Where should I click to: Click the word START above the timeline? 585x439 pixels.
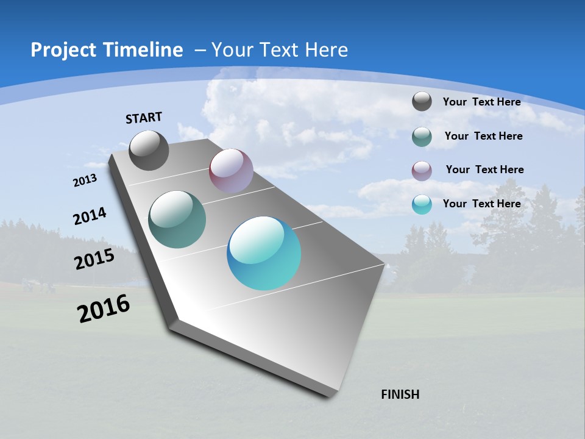coord(144,118)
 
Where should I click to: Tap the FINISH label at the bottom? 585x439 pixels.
coord(400,394)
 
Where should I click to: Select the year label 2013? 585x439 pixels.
coord(85,180)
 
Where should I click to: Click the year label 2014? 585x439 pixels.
coord(90,216)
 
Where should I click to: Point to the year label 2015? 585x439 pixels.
coord(94,259)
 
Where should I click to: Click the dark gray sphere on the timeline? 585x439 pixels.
coord(149,150)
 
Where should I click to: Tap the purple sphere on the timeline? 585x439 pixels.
coord(231,171)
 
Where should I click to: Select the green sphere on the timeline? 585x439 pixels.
coord(177,220)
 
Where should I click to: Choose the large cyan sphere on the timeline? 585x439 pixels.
coord(264,253)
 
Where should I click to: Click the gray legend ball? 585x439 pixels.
coord(422,101)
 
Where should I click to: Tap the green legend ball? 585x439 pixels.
coord(422,137)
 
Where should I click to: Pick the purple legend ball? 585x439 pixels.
coord(422,170)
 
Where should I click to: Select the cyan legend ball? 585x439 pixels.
coord(422,204)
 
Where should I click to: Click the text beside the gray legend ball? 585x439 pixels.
coord(481,102)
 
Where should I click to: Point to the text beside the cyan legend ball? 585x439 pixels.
coord(481,204)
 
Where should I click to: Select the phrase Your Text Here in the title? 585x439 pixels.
coord(280,50)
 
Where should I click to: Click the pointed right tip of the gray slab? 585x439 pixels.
coord(384,265)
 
